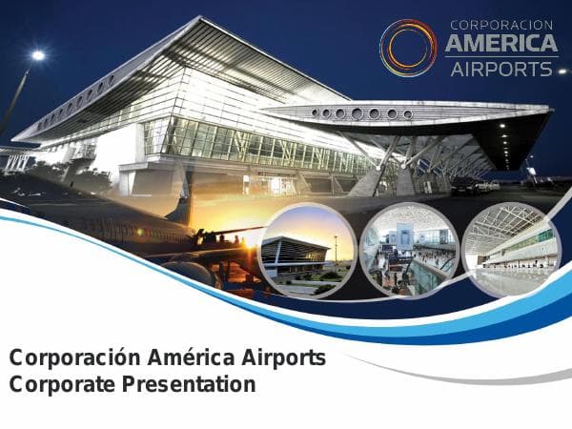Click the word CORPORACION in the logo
click(x=501, y=25)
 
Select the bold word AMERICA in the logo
click(x=501, y=45)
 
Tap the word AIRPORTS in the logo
click(x=501, y=69)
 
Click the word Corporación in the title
click(x=74, y=358)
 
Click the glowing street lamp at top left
click(x=37, y=56)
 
